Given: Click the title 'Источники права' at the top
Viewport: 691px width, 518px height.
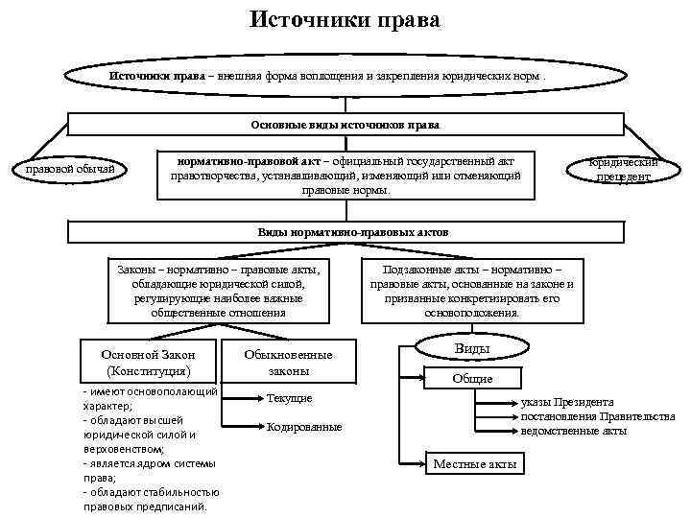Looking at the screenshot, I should click(x=345, y=19).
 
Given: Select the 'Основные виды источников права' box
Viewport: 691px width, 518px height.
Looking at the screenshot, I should click(x=345, y=125).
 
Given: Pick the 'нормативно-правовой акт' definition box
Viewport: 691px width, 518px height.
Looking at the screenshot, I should click(x=345, y=174).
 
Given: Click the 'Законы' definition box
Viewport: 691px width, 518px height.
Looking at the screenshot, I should click(x=218, y=291).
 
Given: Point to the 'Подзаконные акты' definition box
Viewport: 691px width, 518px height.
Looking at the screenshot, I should click(x=471, y=291).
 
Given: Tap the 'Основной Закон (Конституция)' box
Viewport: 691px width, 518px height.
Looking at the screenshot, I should click(x=148, y=362).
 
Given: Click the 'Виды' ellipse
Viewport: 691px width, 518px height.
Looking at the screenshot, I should click(x=471, y=349).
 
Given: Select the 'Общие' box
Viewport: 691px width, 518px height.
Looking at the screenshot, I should click(x=472, y=378).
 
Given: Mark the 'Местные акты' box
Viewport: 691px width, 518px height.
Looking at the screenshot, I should click(x=474, y=464).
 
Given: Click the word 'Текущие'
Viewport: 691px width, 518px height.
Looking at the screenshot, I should click(x=290, y=397).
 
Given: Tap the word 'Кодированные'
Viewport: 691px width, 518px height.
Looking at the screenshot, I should click(x=304, y=426).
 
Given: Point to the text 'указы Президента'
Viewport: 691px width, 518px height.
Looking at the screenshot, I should click(x=567, y=402).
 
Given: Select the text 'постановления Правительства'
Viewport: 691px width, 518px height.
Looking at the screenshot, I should click(x=597, y=416).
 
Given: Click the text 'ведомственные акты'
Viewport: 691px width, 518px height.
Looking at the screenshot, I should click(x=574, y=431).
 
